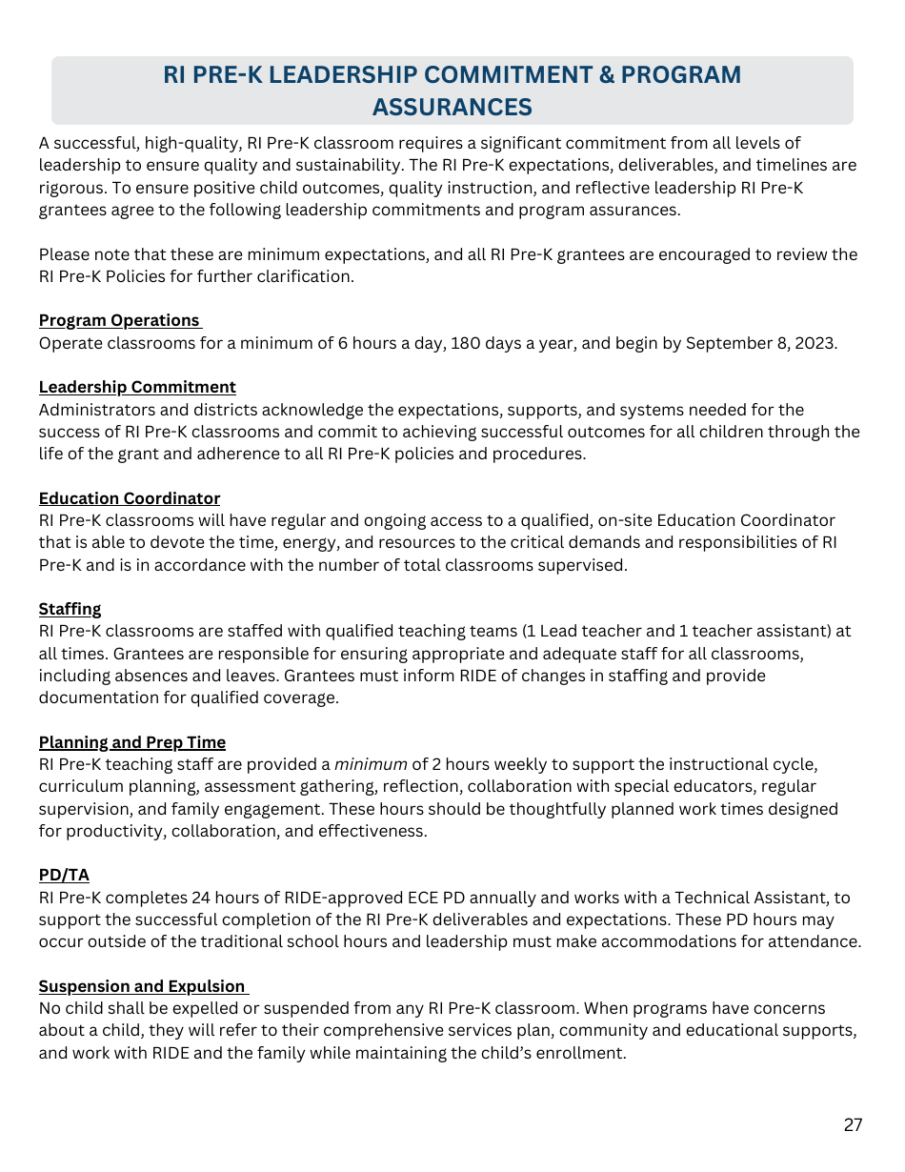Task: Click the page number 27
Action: [853, 1125]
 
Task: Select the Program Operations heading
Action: [119, 320]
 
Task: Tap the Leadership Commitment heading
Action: [137, 387]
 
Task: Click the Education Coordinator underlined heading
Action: [130, 498]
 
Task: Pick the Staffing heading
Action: [70, 609]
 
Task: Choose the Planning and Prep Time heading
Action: [132, 742]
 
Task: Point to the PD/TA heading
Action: [64, 875]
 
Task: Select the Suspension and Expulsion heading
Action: [142, 986]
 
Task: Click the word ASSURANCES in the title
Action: [452, 107]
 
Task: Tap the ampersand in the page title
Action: [606, 75]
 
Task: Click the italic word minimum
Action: [370, 764]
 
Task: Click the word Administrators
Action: [89, 410]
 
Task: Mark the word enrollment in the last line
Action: [583, 1053]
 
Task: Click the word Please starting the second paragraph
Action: [64, 254]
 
